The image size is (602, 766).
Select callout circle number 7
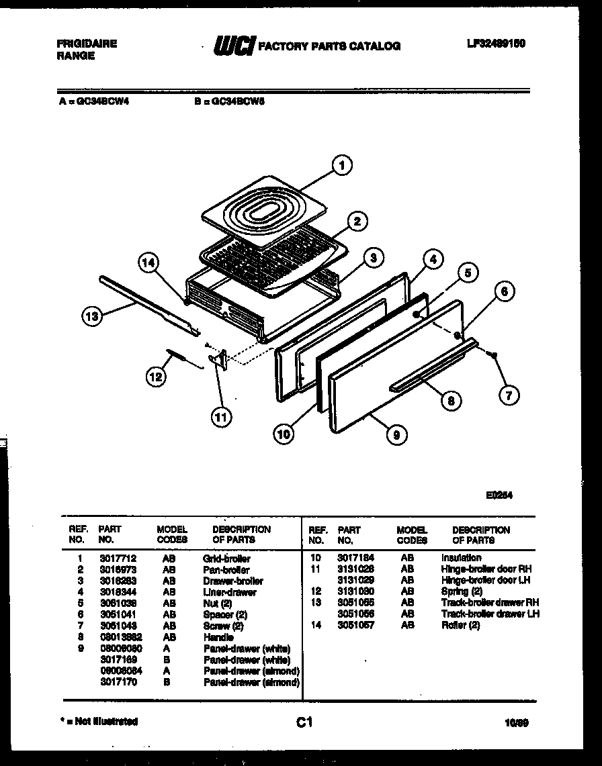click(x=509, y=395)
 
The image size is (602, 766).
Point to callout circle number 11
click(x=220, y=417)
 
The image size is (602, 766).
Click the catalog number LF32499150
click(x=496, y=44)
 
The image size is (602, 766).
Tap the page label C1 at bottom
click(x=304, y=722)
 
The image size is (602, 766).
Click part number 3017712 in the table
click(x=112, y=559)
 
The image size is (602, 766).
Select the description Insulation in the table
click(x=461, y=558)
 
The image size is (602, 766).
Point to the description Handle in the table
click(x=218, y=637)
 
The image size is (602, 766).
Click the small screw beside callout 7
click(x=494, y=354)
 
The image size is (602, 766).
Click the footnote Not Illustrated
click(x=99, y=722)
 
